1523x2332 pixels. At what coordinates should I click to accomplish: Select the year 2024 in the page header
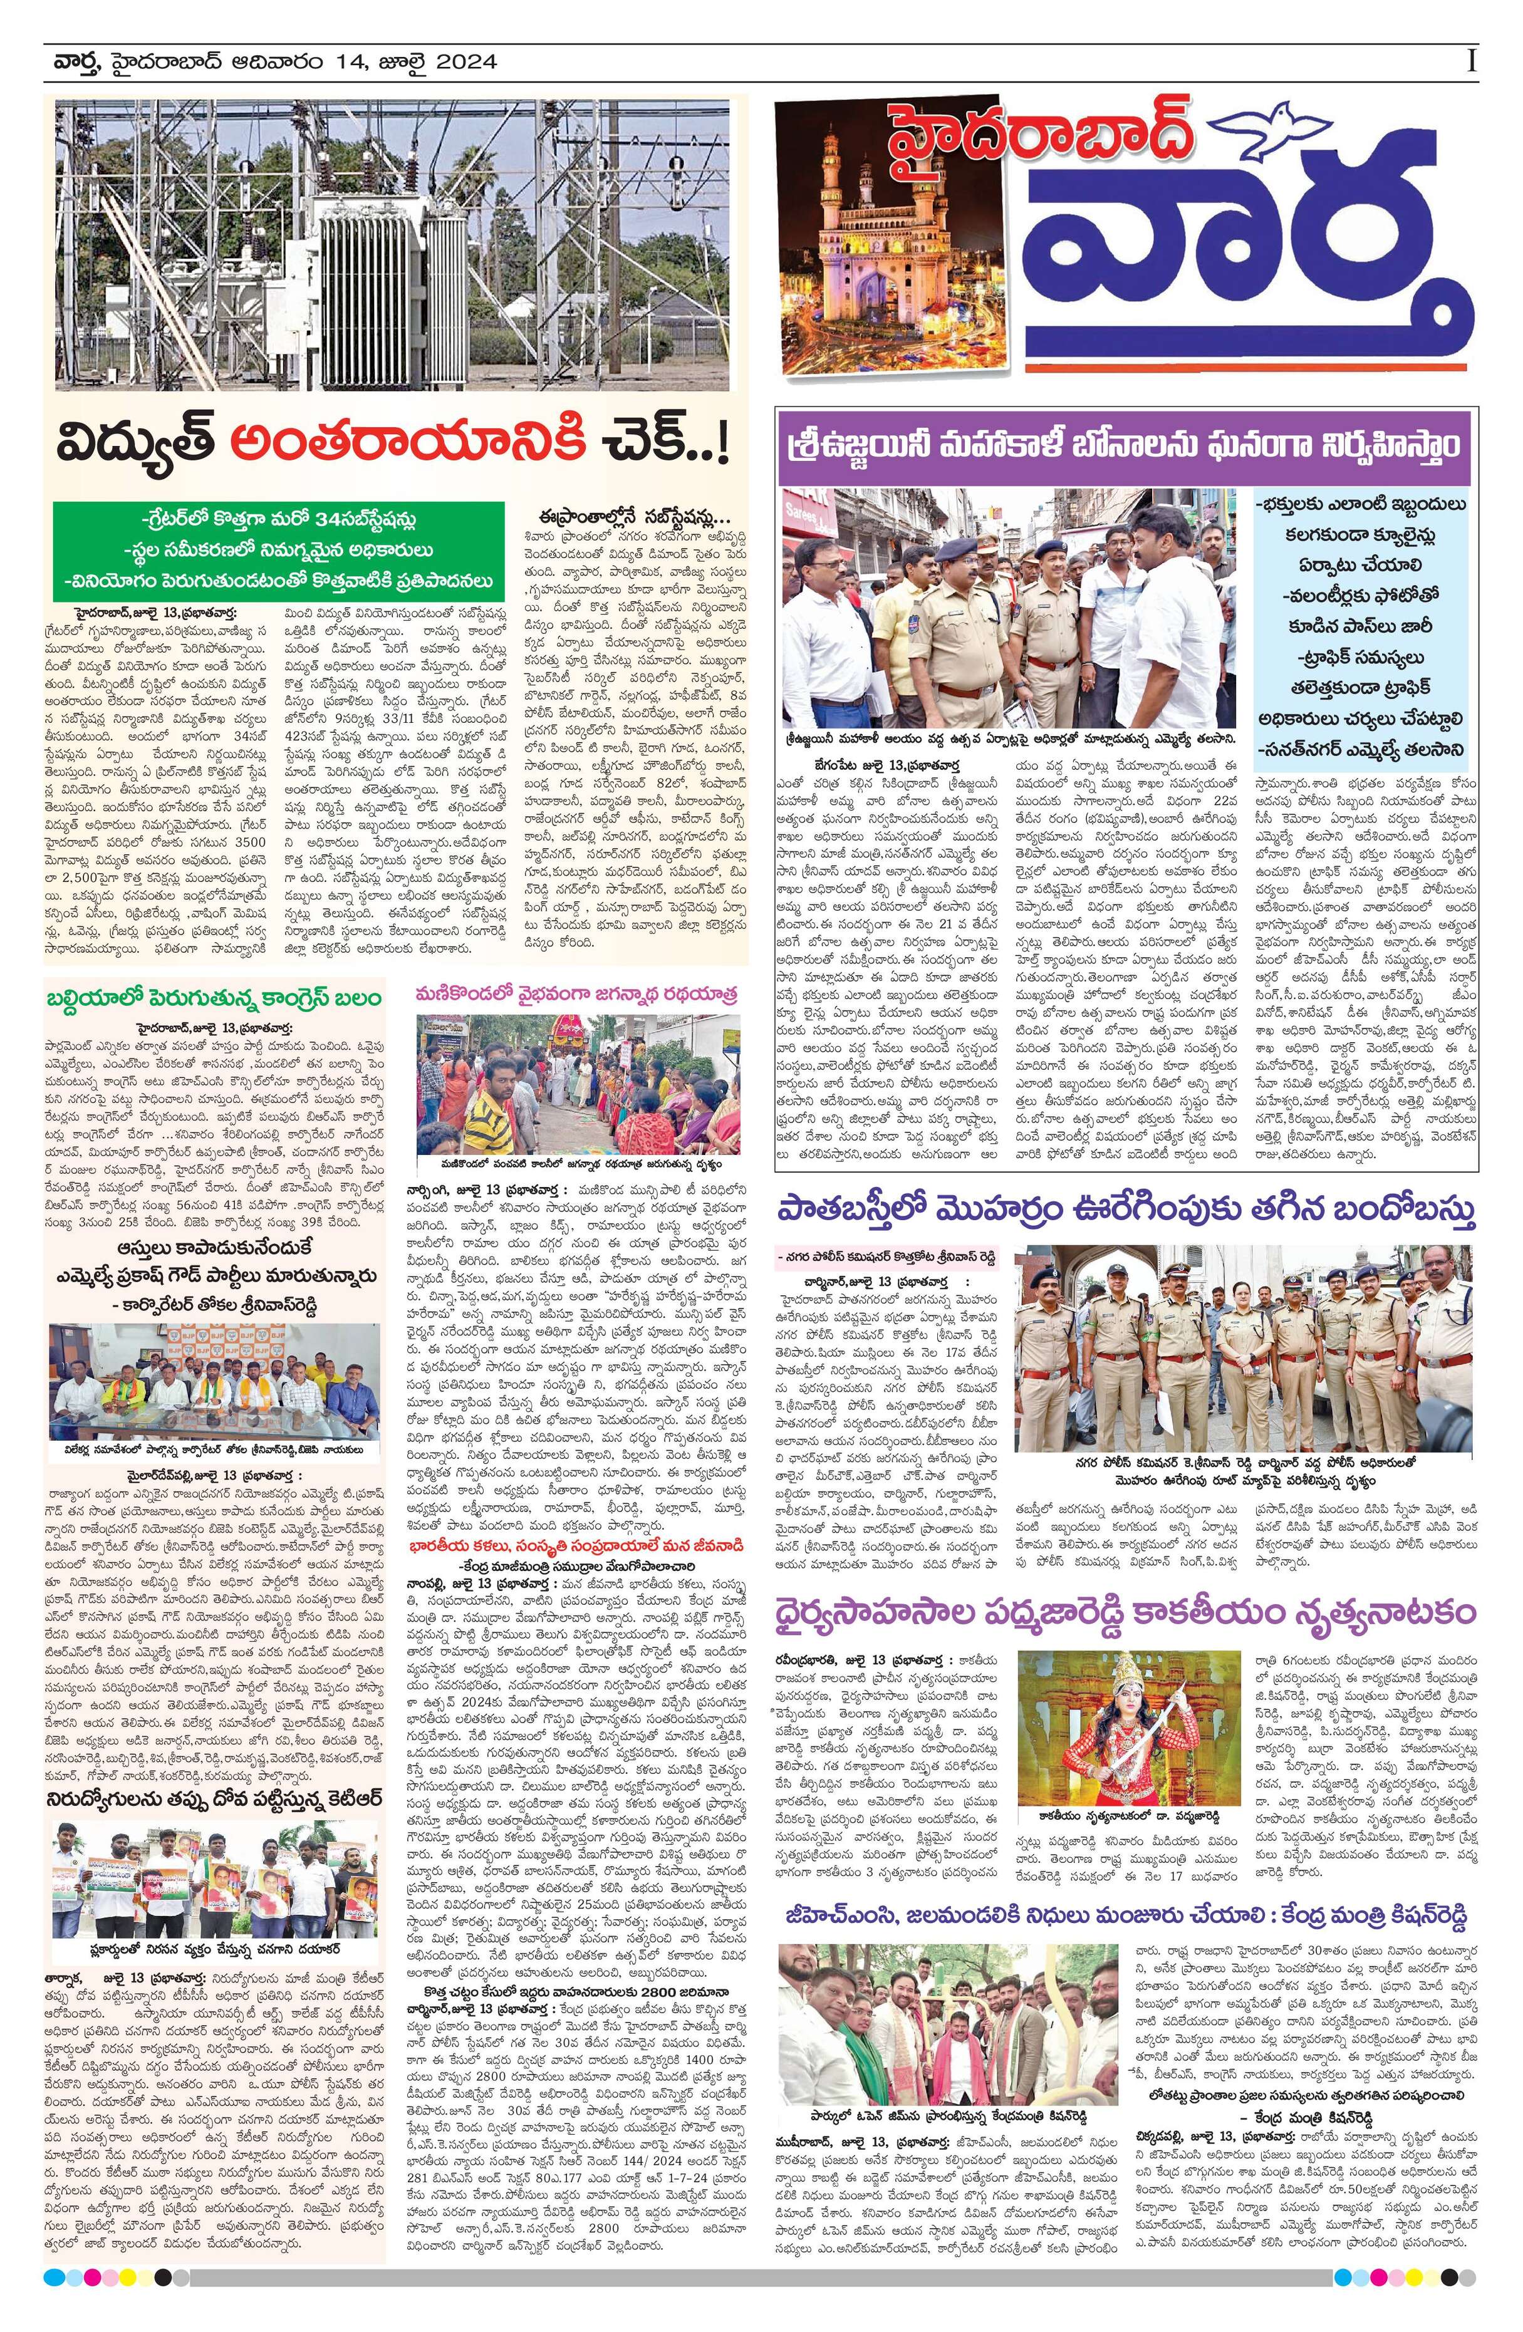point(465,63)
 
